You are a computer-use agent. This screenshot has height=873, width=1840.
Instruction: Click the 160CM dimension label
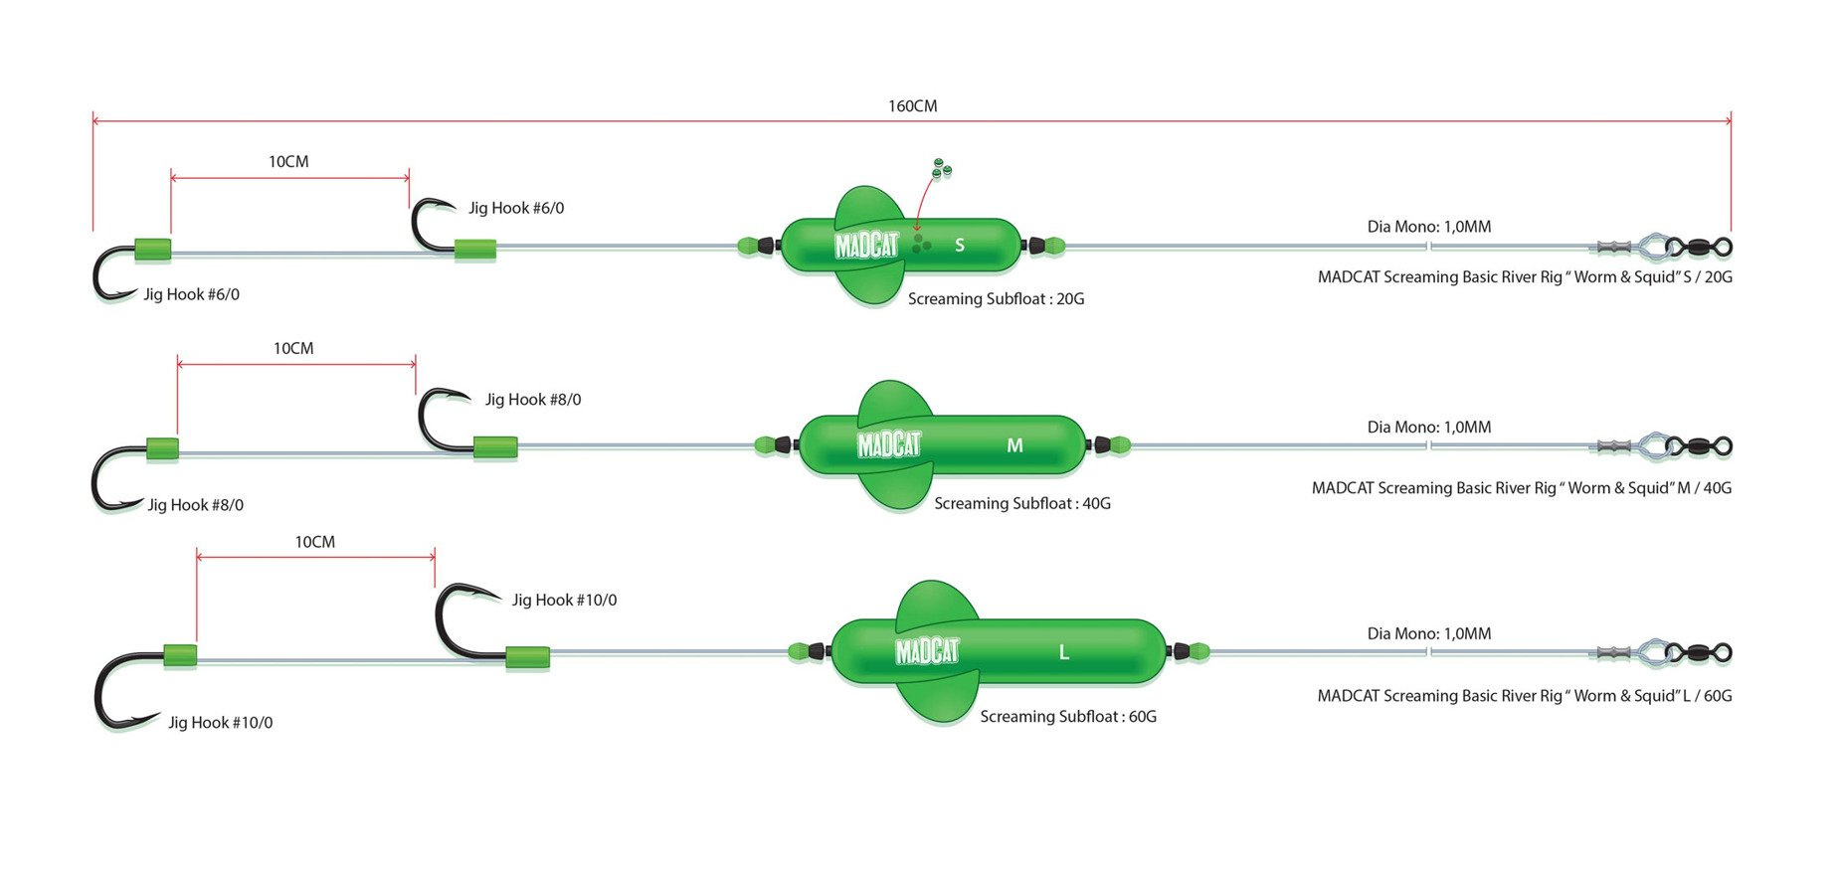pos(912,106)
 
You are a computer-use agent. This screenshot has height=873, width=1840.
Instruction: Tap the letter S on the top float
pos(960,245)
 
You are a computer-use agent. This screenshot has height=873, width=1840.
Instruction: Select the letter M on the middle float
pos(1014,445)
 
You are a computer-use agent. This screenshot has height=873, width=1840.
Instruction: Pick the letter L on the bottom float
pos(1063,652)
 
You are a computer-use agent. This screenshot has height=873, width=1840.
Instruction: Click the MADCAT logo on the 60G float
pos(927,651)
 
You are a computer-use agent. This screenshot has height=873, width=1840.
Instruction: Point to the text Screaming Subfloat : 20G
pos(996,298)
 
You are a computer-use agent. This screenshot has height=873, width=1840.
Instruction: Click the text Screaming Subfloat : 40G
pos(1022,503)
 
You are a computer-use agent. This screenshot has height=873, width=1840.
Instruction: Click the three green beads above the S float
pos(940,170)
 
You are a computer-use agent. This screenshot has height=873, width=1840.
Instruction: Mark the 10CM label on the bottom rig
pos(314,542)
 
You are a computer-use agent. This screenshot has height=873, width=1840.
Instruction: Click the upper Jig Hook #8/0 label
pos(533,400)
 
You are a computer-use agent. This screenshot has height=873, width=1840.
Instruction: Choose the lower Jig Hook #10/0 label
pos(220,723)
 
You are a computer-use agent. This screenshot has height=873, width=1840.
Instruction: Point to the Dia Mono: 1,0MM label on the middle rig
pos(1428,428)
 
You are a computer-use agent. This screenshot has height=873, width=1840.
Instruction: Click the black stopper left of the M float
pos(784,444)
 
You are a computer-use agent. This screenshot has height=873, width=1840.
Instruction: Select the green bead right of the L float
pos(1198,652)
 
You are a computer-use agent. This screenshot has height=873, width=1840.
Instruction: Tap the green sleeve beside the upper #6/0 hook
pos(475,250)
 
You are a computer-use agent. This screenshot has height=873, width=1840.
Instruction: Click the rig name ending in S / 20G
pos(1524,277)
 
